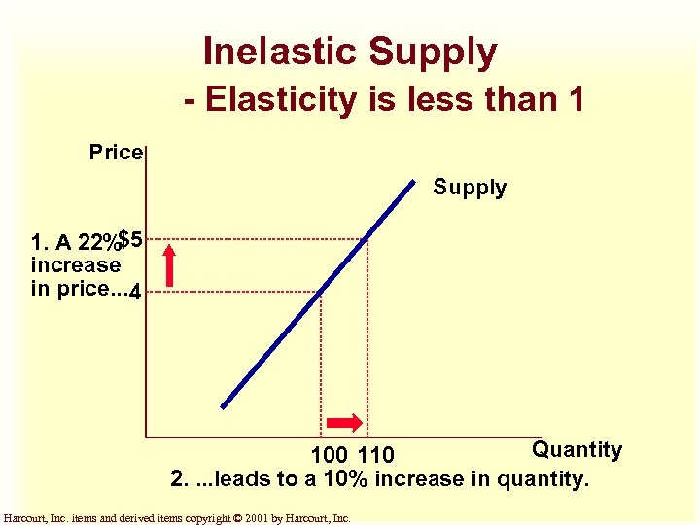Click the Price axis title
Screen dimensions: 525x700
[x=116, y=153]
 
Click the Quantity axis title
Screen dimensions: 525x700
[x=577, y=450]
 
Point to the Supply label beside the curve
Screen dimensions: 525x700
[x=470, y=188]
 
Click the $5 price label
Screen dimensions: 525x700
[x=130, y=238]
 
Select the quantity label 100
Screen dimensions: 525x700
[x=330, y=455]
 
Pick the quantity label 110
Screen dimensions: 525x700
[x=376, y=455]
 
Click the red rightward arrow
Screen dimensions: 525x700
[x=344, y=422]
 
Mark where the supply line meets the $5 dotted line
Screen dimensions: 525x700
[x=367, y=238]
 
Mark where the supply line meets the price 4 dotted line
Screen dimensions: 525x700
[x=321, y=291]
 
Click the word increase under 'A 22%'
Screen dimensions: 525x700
[x=76, y=264]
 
